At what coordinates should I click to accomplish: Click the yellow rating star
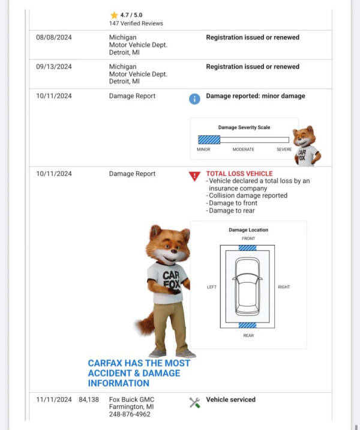(113, 15)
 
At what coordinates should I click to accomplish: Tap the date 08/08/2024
(54, 37)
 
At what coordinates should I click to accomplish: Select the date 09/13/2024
(54, 67)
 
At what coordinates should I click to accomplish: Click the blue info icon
(194, 99)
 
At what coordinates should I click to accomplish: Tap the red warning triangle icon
(194, 176)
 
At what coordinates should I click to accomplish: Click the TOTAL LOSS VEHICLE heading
(239, 174)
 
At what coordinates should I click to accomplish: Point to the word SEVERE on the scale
(284, 150)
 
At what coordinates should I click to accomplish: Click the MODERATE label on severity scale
(243, 150)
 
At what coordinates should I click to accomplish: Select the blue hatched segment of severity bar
(209, 139)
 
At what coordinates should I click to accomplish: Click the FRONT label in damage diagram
(248, 238)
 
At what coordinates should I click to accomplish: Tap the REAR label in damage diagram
(248, 336)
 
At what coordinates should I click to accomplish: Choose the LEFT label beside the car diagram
(212, 287)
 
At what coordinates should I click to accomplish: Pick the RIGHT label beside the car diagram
(284, 287)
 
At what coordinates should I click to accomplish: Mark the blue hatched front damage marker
(248, 247)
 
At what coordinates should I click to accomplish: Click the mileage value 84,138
(89, 399)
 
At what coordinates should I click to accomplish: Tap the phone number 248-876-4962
(130, 414)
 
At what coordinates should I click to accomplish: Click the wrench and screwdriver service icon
(194, 402)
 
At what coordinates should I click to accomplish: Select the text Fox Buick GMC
(132, 399)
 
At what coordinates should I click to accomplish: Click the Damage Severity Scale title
(244, 127)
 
